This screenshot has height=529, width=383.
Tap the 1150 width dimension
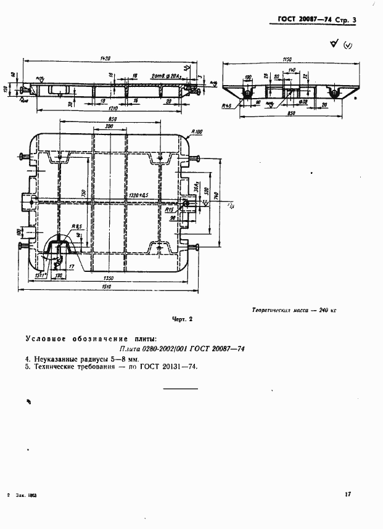coord(286,59)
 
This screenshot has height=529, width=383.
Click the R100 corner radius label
coord(197,131)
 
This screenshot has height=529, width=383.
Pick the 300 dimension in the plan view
coord(109,126)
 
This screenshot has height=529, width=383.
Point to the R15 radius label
coord(170,210)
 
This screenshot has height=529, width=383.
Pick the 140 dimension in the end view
coord(292,70)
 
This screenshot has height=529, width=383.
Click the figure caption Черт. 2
coord(183,319)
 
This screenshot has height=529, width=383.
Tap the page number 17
coord(348,493)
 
